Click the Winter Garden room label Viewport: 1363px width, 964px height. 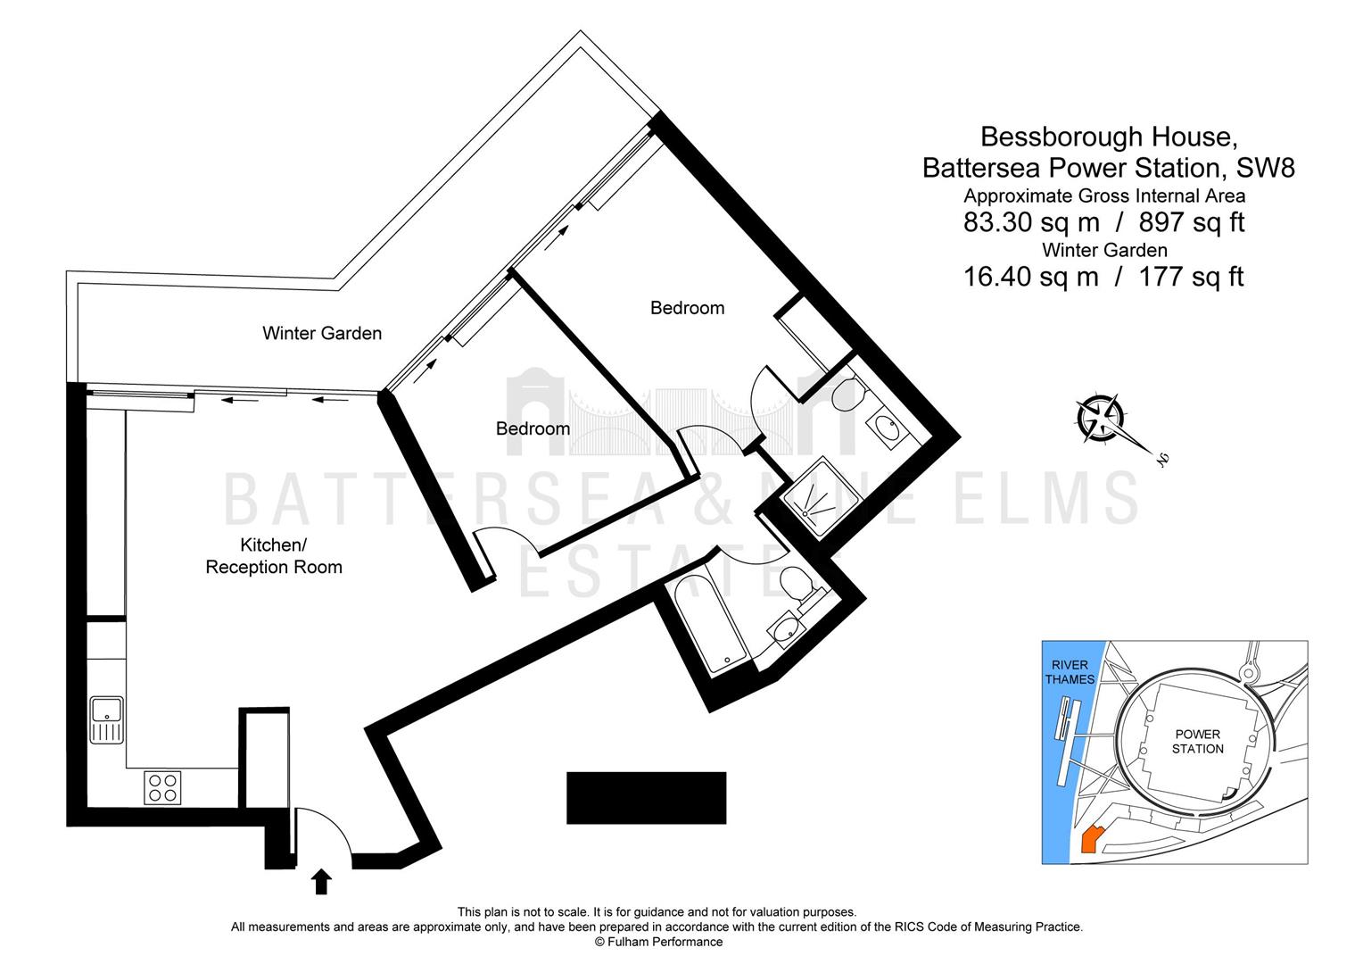[322, 333]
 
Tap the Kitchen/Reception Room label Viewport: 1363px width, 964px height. [274, 556]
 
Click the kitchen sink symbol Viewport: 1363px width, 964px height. [107, 719]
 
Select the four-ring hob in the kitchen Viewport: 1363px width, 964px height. [162, 787]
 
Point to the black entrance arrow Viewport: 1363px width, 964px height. [321, 881]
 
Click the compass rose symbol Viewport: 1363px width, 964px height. [1100, 419]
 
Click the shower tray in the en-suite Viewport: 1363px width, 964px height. [821, 496]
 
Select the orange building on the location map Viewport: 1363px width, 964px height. [1092, 840]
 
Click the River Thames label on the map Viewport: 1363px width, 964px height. [1070, 672]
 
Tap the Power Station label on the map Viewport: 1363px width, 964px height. [1197, 741]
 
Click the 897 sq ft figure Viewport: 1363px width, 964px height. [1192, 222]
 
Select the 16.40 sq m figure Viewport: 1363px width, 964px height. [1031, 277]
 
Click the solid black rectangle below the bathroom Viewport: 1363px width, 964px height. [646, 798]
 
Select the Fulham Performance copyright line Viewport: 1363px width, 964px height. [658, 942]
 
